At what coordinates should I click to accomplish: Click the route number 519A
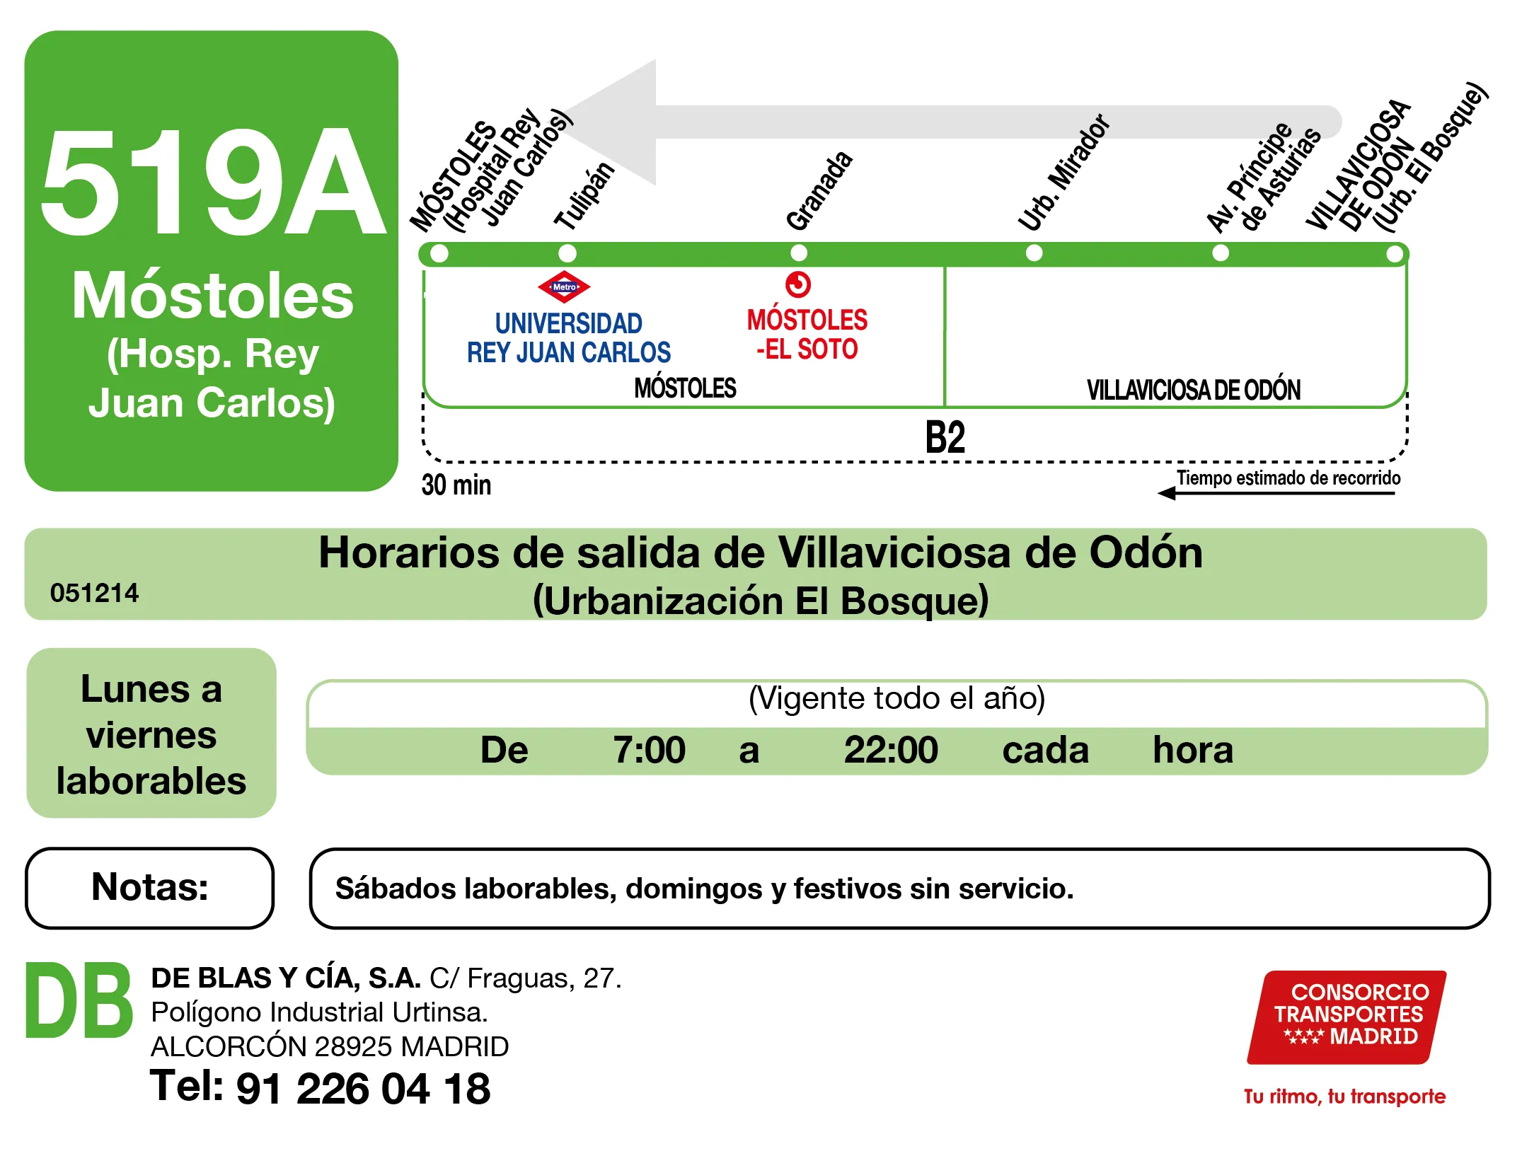(212, 183)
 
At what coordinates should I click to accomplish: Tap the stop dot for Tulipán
(567, 253)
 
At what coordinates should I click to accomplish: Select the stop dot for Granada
(799, 253)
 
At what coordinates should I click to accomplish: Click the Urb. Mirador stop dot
(1034, 253)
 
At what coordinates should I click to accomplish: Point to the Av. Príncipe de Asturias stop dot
(1221, 253)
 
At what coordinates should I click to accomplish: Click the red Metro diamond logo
(564, 287)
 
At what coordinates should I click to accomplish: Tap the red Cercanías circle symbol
(798, 284)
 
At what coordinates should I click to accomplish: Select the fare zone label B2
(945, 437)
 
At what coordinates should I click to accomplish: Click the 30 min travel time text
(456, 485)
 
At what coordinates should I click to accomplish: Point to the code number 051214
(95, 593)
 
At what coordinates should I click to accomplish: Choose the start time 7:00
(649, 750)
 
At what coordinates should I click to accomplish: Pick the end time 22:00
(891, 750)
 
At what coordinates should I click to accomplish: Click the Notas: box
(150, 888)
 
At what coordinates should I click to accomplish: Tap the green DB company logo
(79, 1001)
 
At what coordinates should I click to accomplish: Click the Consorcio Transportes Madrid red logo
(1347, 1016)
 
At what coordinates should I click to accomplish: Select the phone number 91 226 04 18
(363, 1088)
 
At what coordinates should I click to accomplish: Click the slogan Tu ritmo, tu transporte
(1344, 1097)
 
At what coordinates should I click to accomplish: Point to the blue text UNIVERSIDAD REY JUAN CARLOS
(569, 338)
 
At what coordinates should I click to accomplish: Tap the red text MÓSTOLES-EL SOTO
(807, 335)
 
